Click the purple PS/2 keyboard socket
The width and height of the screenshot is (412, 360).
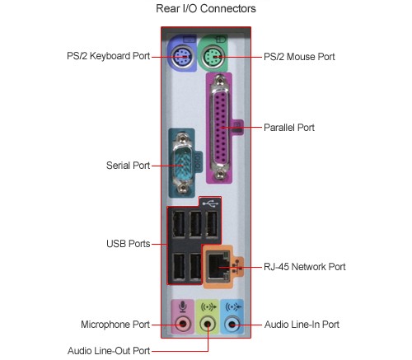pos(181,57)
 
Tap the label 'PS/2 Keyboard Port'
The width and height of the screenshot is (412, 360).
pos(109,56)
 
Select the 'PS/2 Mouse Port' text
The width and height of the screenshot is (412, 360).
pos(299,57)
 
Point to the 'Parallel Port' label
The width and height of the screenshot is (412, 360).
pos(289,128)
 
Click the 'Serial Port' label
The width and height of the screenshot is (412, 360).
pos(128,166)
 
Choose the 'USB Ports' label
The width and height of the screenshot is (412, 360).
pos(129,244)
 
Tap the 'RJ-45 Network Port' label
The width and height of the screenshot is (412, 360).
pos(305,267)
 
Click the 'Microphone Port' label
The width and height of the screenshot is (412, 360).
pos(115,325)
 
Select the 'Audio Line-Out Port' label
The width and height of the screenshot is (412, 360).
pos(109,351)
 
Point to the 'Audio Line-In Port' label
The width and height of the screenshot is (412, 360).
pos(302,325)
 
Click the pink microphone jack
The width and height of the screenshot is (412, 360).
pos(183,325)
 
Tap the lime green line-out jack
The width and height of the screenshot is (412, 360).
pos(208,325)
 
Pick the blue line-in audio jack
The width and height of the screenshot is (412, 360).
pos(232,325)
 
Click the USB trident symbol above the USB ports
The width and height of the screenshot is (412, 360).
pos(210,203)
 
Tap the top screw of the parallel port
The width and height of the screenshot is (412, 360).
pos(220,81)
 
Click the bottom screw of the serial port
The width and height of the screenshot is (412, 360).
pos(182,188)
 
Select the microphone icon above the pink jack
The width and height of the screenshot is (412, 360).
pos(183,306)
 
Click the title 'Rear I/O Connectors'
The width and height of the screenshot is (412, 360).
pos(206,8)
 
